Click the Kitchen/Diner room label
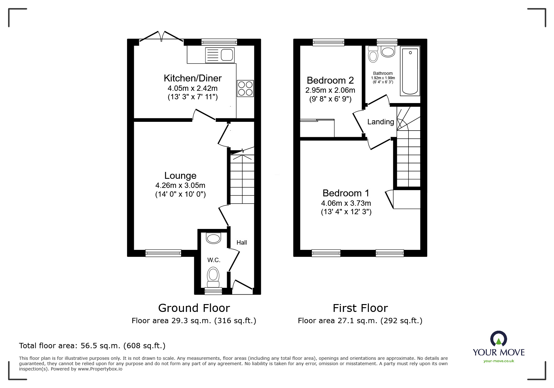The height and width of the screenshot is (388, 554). (x=193, y=78)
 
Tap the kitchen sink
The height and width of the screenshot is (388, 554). (x=220, y=55)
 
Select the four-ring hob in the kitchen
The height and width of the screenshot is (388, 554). (x=245, y=88)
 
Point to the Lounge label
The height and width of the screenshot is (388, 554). (x=180, y=175)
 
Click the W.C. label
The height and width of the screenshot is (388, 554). (x=214, y=260)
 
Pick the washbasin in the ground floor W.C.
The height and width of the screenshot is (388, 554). (x=214, y=238)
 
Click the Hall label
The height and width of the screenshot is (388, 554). (x=242, y=242)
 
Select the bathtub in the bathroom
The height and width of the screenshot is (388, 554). (x=410, y=71)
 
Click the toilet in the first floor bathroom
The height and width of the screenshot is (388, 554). (x=373, y=54)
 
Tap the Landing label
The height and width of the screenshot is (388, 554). (x=381, y=122)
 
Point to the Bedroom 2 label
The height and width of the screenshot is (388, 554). (x=330, y=80)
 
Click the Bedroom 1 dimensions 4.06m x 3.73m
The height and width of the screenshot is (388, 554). (x=346, y=203)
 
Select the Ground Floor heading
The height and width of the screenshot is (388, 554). (x=194, y=308)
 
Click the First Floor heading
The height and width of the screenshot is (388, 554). (x=360, y=308)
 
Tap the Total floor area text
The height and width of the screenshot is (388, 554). (x=92, y=346)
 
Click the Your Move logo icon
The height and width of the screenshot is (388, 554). (x=498, y=339)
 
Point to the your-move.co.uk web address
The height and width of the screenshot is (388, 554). (x=499, y=361)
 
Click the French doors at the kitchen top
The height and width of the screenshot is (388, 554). (x=161, y=37)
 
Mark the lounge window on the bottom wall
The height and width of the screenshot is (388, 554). (x=163, y=253)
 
